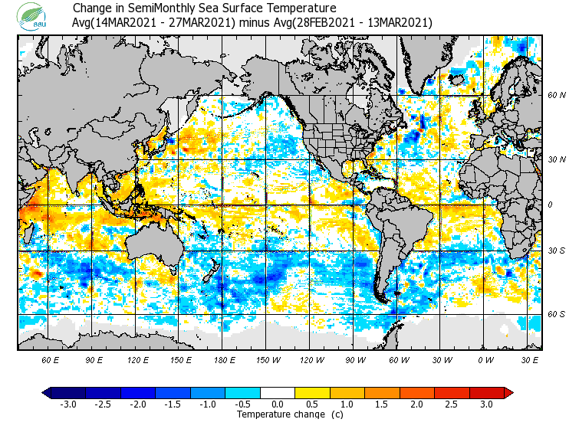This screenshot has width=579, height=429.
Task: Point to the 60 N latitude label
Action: click(557, 95)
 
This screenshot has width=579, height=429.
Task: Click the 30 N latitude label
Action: click(557, 159)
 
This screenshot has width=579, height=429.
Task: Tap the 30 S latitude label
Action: click(557, 251)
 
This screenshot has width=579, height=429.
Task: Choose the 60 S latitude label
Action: click(557, 314)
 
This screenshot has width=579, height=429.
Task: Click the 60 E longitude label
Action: click(51, 359)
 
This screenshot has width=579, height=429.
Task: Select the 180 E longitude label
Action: click(223, 359)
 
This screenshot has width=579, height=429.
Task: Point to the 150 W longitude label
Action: click(266, 359)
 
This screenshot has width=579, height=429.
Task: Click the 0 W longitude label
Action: click(485, 359)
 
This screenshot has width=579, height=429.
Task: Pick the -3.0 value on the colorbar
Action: click(67, 404)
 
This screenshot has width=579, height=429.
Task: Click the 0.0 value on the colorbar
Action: click(278, 404)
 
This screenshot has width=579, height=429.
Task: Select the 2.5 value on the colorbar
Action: click(452, 404)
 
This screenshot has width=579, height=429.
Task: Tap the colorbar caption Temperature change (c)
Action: click(278, 414)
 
